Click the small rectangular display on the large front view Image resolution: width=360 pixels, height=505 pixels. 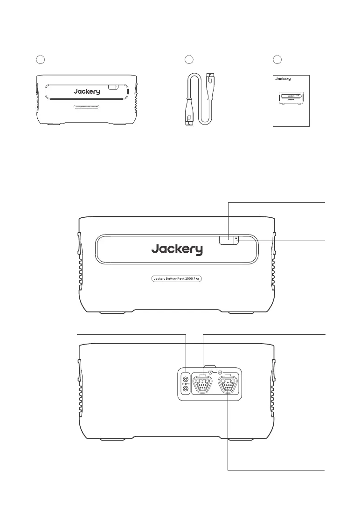(227, 240)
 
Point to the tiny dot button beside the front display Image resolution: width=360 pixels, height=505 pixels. (236, 238)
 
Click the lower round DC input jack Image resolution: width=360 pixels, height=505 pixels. (186, 389)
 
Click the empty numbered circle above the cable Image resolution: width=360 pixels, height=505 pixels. (188, 60)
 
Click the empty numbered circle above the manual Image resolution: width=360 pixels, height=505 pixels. (277, 60)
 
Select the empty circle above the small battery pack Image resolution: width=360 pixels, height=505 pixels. (41, 60)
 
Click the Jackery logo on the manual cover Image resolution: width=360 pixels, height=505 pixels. (283, 79)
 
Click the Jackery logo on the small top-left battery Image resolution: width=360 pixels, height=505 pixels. (86, 92)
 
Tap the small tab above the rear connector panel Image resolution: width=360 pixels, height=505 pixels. (210, 367)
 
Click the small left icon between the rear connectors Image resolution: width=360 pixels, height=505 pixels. (210, 373)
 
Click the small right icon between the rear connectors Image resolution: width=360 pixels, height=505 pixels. (220, 373)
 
